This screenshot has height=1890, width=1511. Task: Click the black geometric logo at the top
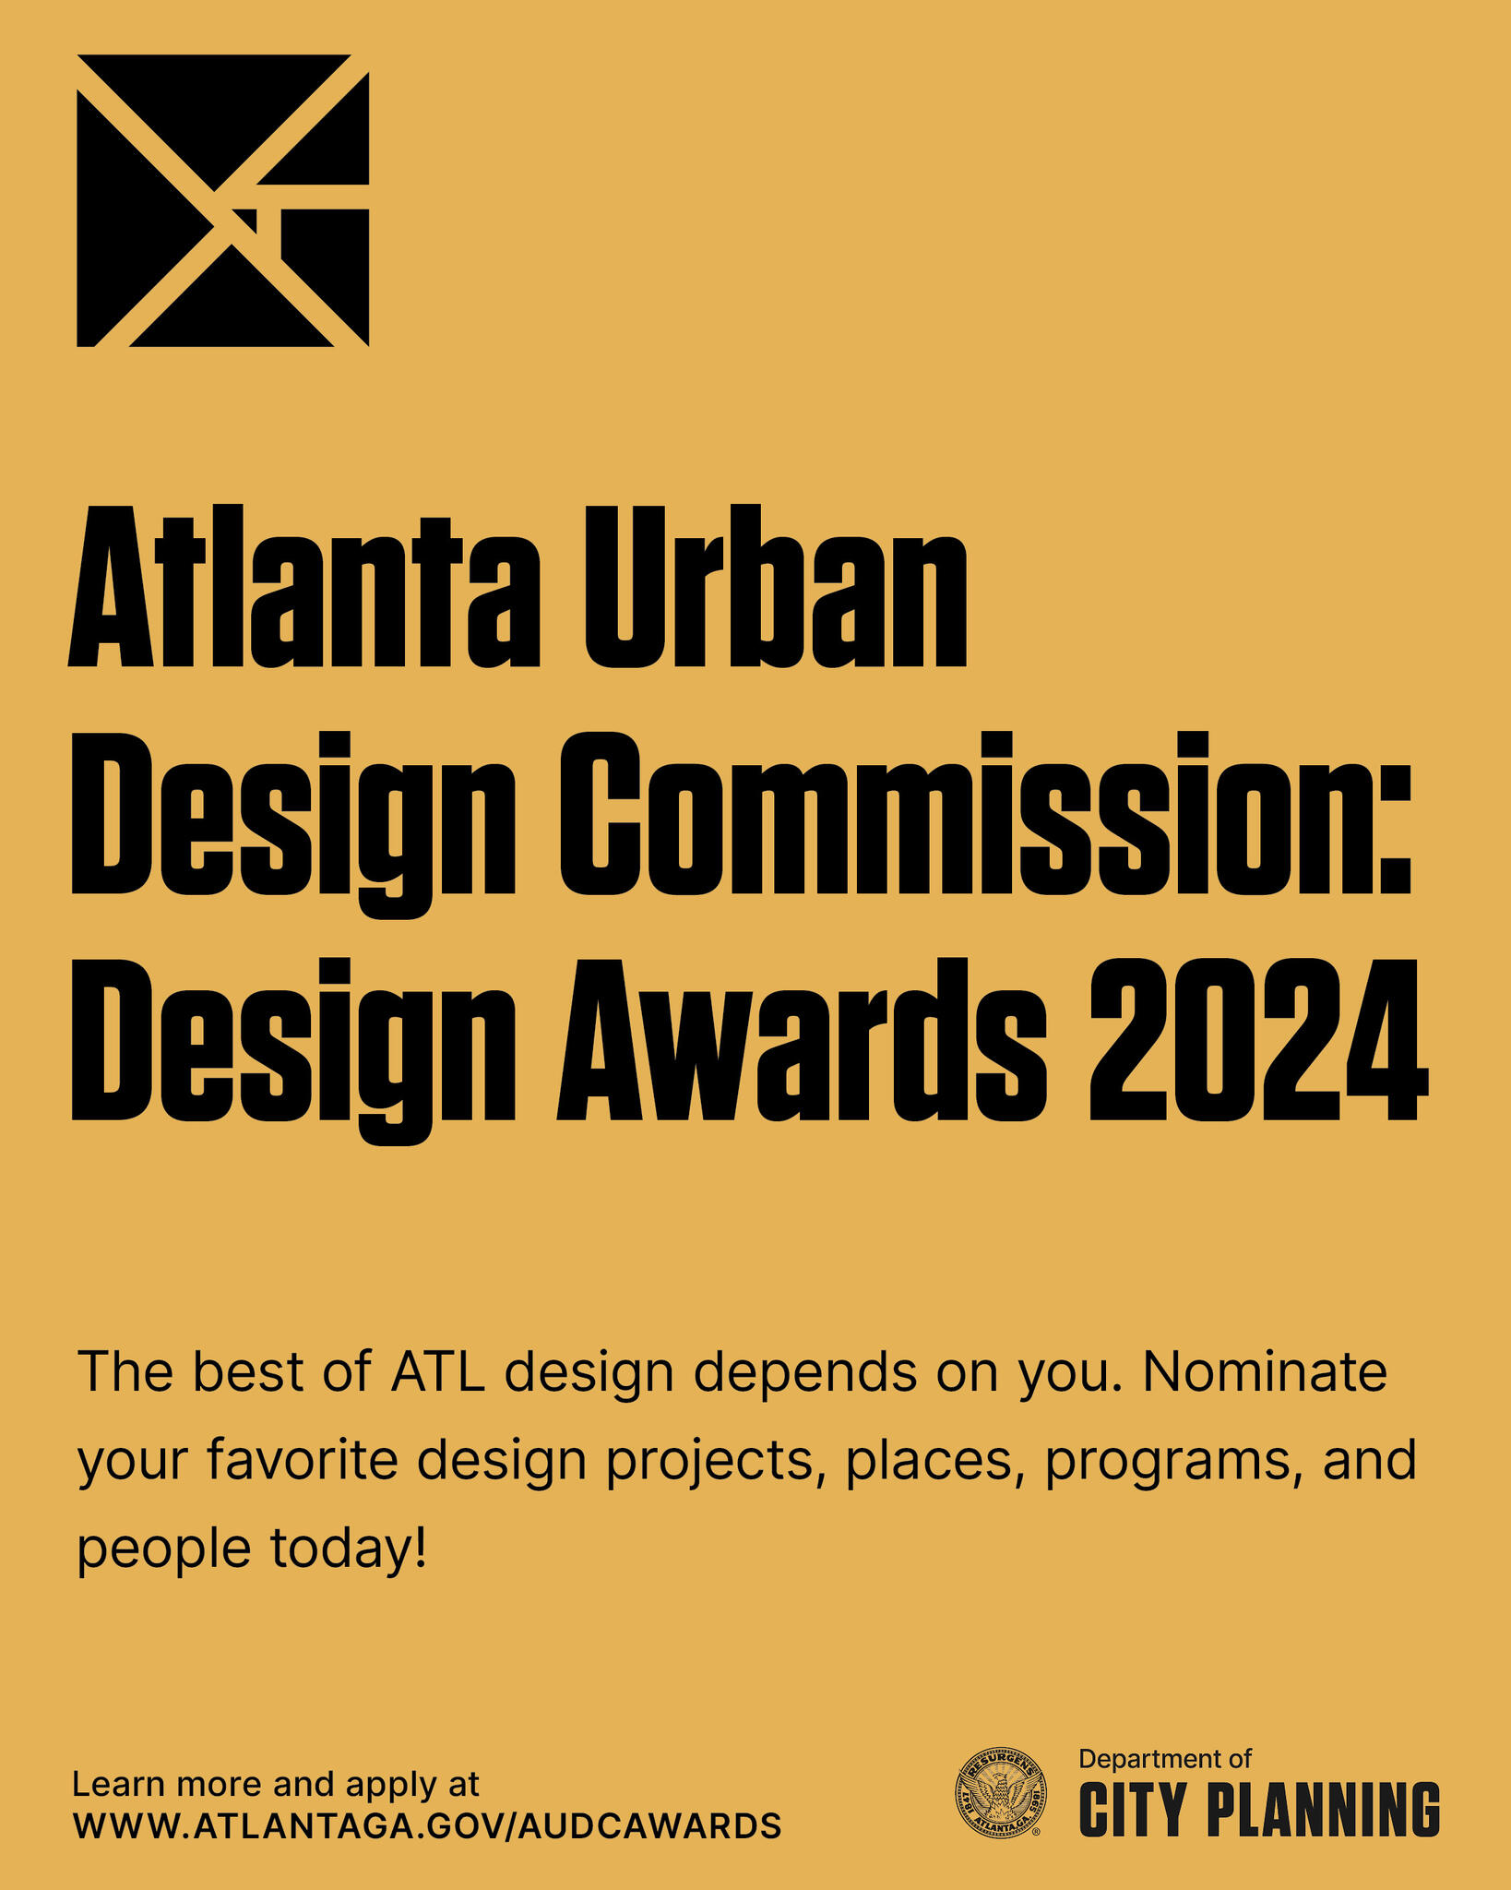pyautogui.click(x=222, y=200)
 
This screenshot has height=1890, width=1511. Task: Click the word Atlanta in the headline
pyautogui.click(x=303, y=586)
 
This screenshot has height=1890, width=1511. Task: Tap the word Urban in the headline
pyautogui.click(x=776, y=586)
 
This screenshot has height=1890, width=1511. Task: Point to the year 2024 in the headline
pyautogui.click(x=1259, y=1039)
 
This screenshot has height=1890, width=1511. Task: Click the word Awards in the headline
pyautogui.click(x=802, y=1039)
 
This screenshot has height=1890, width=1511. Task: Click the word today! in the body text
pyautogui.click(x=349, y=1549)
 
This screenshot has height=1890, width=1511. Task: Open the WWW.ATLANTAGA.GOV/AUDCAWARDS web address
pyautogui.click(x=427, y=1825)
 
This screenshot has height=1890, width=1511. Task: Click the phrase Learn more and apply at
pyautogui.click(x=276, y=1785)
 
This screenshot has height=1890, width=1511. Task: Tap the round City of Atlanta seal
pyautogui.click(x=1000, y=1792)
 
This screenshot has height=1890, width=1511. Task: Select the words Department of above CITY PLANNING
pyautogui.click(x=1165, y=1759)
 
